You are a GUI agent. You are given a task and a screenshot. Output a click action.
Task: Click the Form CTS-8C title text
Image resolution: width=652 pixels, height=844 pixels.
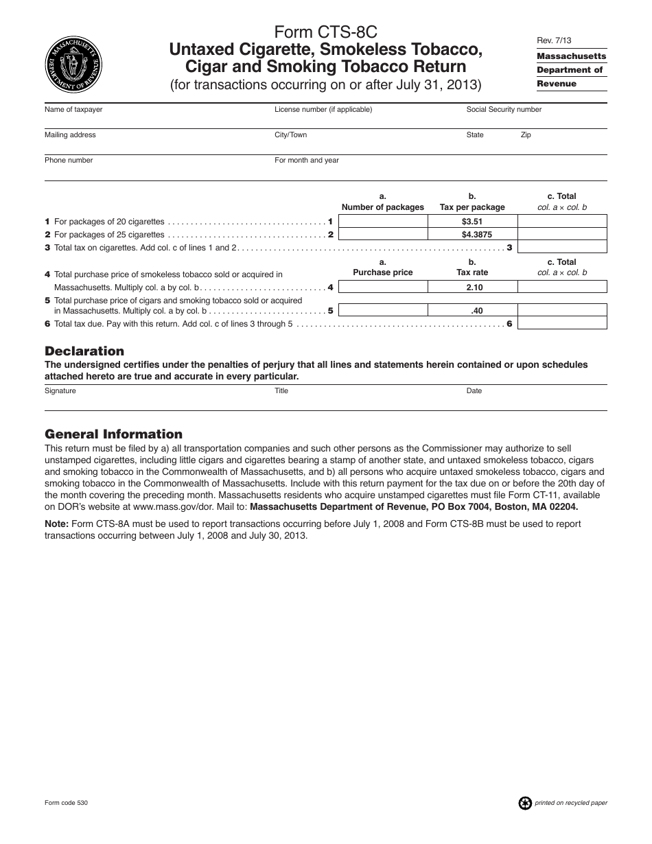point(326,32)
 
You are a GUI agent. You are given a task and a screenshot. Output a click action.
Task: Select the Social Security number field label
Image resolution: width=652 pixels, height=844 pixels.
point(504,110)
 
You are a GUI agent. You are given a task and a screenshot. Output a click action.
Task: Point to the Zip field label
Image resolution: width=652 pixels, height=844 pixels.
point(526,135)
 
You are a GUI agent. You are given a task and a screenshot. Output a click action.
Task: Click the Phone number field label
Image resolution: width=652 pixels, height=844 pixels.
point(69,161)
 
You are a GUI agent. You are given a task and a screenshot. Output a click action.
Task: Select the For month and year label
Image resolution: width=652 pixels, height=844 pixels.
point(307,161)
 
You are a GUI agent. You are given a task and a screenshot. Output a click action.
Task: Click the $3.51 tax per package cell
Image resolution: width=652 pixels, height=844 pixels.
point(472,222)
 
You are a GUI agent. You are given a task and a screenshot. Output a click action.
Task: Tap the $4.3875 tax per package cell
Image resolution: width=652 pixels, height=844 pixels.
point(472,234)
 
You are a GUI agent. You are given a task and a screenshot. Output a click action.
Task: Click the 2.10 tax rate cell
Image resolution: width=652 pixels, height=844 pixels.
point(472,288)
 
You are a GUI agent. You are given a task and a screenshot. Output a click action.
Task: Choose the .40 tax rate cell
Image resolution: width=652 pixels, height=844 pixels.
point(472,310)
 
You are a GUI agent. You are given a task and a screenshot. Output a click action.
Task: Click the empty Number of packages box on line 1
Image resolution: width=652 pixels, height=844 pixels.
point(383,222)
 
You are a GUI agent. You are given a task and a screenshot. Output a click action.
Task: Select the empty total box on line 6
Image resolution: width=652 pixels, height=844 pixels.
point(562,323)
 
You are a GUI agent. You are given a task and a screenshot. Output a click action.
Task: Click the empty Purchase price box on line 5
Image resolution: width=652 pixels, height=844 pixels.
point(383,310)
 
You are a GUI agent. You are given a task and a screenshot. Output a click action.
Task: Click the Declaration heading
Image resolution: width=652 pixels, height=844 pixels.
point(84,351)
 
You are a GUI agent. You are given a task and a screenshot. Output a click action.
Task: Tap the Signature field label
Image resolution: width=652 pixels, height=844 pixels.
point(60,391)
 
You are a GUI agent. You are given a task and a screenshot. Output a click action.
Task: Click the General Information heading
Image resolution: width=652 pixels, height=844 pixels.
point(113,434)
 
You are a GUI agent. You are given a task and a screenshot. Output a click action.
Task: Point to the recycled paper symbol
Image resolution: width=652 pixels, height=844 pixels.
point(525,803)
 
